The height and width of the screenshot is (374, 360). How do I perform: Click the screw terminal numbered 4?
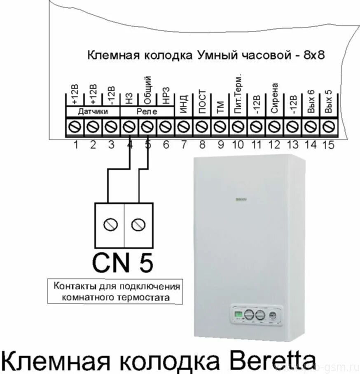130,127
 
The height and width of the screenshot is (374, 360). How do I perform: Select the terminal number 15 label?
329,145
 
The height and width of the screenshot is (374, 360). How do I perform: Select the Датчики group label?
93,112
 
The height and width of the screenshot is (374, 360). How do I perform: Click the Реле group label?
147,112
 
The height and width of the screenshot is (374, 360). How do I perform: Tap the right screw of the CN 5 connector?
138,224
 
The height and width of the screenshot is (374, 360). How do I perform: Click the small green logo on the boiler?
241,200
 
